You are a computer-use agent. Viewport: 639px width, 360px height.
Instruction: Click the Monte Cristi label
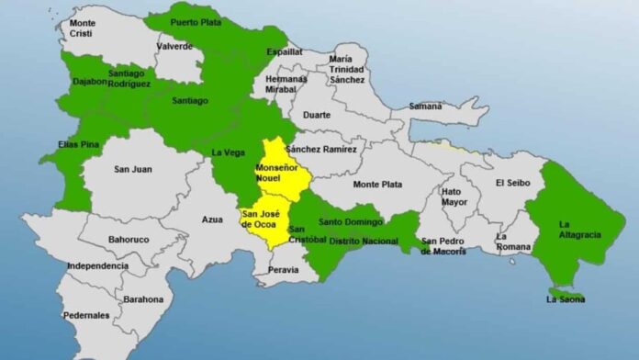pos(82,28)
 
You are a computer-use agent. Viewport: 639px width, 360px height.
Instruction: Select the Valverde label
pos(174,46)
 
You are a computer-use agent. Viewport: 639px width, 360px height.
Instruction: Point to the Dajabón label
pos(89,83)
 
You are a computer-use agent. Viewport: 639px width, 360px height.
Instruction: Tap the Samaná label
pos(425,107)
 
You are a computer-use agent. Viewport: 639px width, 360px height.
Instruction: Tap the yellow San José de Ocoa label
pos(259,219)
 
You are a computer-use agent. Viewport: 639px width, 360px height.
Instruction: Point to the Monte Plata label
pos(377,185)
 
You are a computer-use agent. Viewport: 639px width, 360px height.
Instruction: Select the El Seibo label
pos(512,183)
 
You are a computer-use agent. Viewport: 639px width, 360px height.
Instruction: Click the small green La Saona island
pos(566,296)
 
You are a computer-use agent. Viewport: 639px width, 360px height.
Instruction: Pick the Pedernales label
pos(87,315)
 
